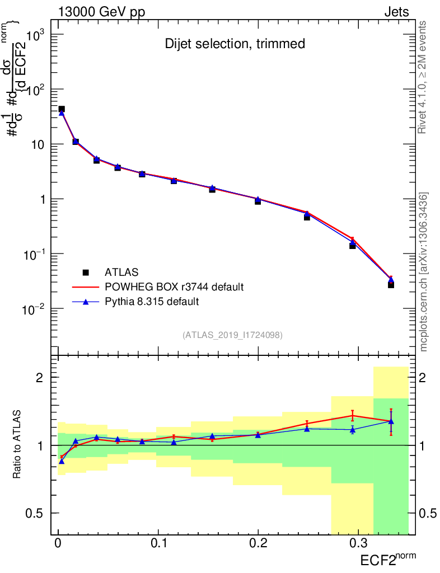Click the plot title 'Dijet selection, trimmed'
pyautogui.click(x=235, y=44)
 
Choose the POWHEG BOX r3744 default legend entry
pyautogui.click(x=174, y=287)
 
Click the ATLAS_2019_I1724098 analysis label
pyautogui.click(x=232, y=335)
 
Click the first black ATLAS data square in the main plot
pyautogui.click(x=62, y=109)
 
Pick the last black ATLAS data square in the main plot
pyautogui.click(x=391, y=285)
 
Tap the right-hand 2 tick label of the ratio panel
pyautogui.click(x=425, y=378)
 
